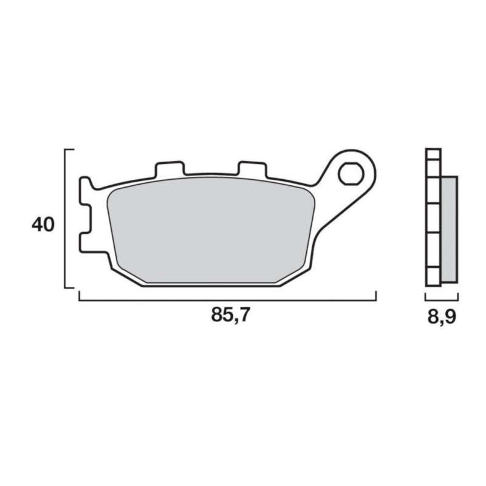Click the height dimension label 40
[x=43, y=225]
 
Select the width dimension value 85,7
[x=230, y=316]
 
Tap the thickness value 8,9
[x=442, y=317]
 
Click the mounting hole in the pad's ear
[x=351, y=174]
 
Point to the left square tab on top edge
[x=170, y=168]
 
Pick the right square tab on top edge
[x=252, y=169]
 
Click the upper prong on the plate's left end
[x=85, y=191]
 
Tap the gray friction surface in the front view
[x=211, y=230]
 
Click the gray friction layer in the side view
[x=449, y=230]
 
